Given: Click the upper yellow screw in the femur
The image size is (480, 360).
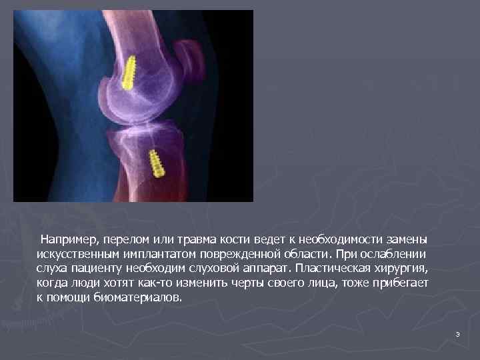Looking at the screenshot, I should (129, 71).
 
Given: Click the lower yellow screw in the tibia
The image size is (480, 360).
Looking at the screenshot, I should (157, 163).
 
